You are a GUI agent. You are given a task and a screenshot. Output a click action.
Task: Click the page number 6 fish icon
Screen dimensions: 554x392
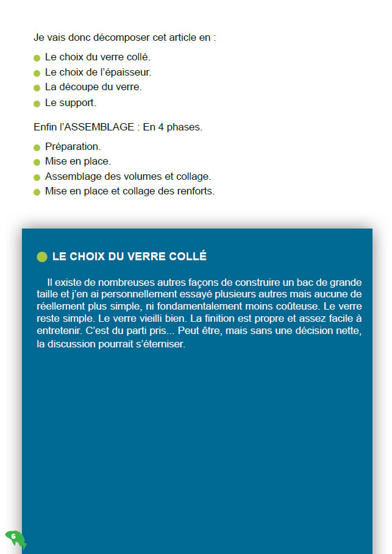[x=15, y=538]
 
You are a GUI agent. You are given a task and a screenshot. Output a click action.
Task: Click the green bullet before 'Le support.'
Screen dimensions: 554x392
[x=37, y=104]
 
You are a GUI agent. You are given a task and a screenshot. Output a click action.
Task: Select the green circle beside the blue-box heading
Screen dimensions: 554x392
[x=42, y=257]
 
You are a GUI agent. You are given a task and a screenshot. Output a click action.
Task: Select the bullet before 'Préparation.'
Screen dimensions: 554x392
[x=37, y=147]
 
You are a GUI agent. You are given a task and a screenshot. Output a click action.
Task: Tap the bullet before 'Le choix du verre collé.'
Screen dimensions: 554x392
[x=37, y=58]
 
